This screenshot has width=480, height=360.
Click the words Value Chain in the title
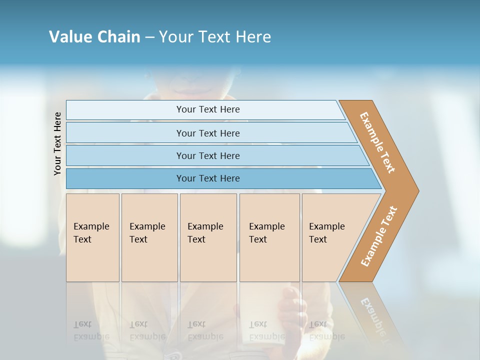[94, 37]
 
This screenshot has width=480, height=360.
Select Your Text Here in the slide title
[215, 37]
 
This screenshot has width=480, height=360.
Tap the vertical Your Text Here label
[57, 144]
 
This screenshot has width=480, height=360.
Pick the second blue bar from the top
[208, 133]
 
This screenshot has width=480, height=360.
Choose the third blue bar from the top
[208, 155]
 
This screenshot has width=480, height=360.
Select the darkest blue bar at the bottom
[208, 178]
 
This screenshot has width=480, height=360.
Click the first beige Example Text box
[92, 237]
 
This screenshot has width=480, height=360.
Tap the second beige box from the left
[149, 237]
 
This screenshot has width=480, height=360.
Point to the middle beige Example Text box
[208, 237]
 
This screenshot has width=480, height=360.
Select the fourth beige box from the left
[269, 237]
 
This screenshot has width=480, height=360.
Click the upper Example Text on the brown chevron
[377, 142]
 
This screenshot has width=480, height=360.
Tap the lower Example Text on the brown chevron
[378, 236]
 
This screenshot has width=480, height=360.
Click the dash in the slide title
[149, 37]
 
